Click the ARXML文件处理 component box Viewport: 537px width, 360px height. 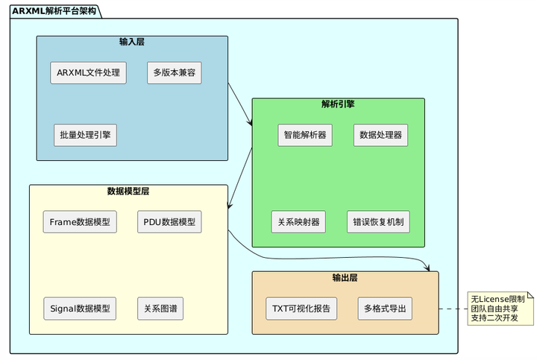[88, 73]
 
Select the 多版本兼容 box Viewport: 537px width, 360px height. [174, 73]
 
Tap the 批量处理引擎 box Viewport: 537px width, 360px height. [84, 135]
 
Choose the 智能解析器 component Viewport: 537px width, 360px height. [305, 135]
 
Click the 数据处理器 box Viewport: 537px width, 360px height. [380, 135]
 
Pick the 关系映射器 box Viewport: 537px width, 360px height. [298, 222]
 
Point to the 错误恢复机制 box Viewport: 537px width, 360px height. [378, 222]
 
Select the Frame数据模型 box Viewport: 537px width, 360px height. [80, 222]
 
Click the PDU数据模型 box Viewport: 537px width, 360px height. [169, 222]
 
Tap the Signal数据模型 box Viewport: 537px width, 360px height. [80, 309]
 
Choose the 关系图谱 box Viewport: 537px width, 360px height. [161, 309]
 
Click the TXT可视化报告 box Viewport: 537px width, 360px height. [301, 309]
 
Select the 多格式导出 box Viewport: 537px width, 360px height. [385, 309]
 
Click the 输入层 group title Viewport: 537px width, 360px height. [132, 42]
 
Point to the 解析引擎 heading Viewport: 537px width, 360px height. [338, 104]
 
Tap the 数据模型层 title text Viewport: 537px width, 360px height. [128, 192]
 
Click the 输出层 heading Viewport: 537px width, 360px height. [345, 278]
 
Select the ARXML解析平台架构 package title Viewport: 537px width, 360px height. [54, 10]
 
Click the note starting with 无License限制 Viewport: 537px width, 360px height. [497, 309]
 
